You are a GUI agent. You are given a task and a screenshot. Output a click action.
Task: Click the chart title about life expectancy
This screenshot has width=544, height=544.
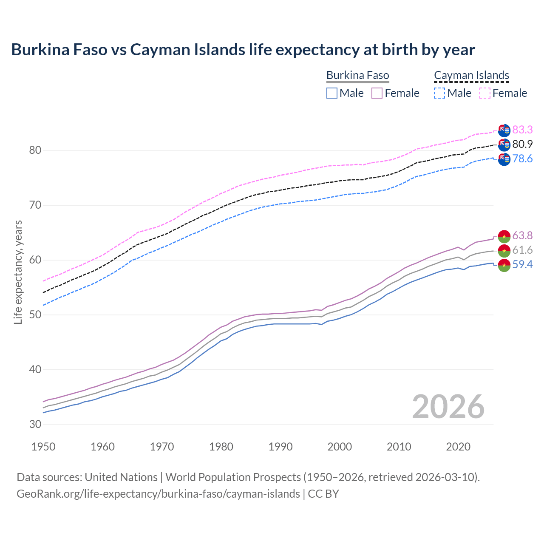[243, 50]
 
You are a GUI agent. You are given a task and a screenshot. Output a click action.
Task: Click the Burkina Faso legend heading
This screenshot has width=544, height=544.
[357, 76]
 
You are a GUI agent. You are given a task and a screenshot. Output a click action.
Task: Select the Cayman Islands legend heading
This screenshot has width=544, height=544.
[471, 76]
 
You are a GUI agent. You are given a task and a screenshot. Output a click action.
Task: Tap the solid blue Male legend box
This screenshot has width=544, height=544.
[332, 93]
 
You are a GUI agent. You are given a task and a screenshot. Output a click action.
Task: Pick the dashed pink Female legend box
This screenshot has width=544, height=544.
[484, 93]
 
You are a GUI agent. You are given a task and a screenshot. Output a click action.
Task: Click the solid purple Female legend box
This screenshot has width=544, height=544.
[377, 93]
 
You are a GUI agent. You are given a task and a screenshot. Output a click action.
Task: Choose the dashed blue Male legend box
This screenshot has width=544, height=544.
[439, 93]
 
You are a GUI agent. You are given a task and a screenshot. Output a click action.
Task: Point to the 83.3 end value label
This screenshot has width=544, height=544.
[522, 130]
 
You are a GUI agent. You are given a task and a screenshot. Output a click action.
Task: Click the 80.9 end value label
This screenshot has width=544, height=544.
[522, 144]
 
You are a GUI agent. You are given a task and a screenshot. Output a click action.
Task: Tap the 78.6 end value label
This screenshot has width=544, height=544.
[522, 159]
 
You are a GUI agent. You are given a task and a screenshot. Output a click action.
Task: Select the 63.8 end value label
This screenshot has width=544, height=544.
[522, 235]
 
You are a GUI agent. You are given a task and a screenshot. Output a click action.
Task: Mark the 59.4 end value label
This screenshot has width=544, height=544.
[522, 264]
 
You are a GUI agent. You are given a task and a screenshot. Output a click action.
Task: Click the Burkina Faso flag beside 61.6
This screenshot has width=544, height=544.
[504, 250]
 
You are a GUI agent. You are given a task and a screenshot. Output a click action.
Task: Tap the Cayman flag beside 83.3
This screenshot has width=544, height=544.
[504, 130]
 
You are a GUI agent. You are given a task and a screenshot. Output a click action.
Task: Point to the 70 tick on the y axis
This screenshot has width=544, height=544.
[35, 205]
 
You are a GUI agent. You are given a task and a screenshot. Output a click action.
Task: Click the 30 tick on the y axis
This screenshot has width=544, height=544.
[35, 424]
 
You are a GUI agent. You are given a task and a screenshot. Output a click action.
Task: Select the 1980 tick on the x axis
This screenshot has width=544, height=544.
[221, 447]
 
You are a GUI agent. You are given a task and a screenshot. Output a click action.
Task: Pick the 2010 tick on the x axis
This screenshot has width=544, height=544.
[399, 447]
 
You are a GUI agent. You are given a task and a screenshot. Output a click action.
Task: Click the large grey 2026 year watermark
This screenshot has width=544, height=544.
[448, 407]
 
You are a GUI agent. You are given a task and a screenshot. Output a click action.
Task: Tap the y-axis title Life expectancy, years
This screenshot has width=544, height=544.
[18, 272]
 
